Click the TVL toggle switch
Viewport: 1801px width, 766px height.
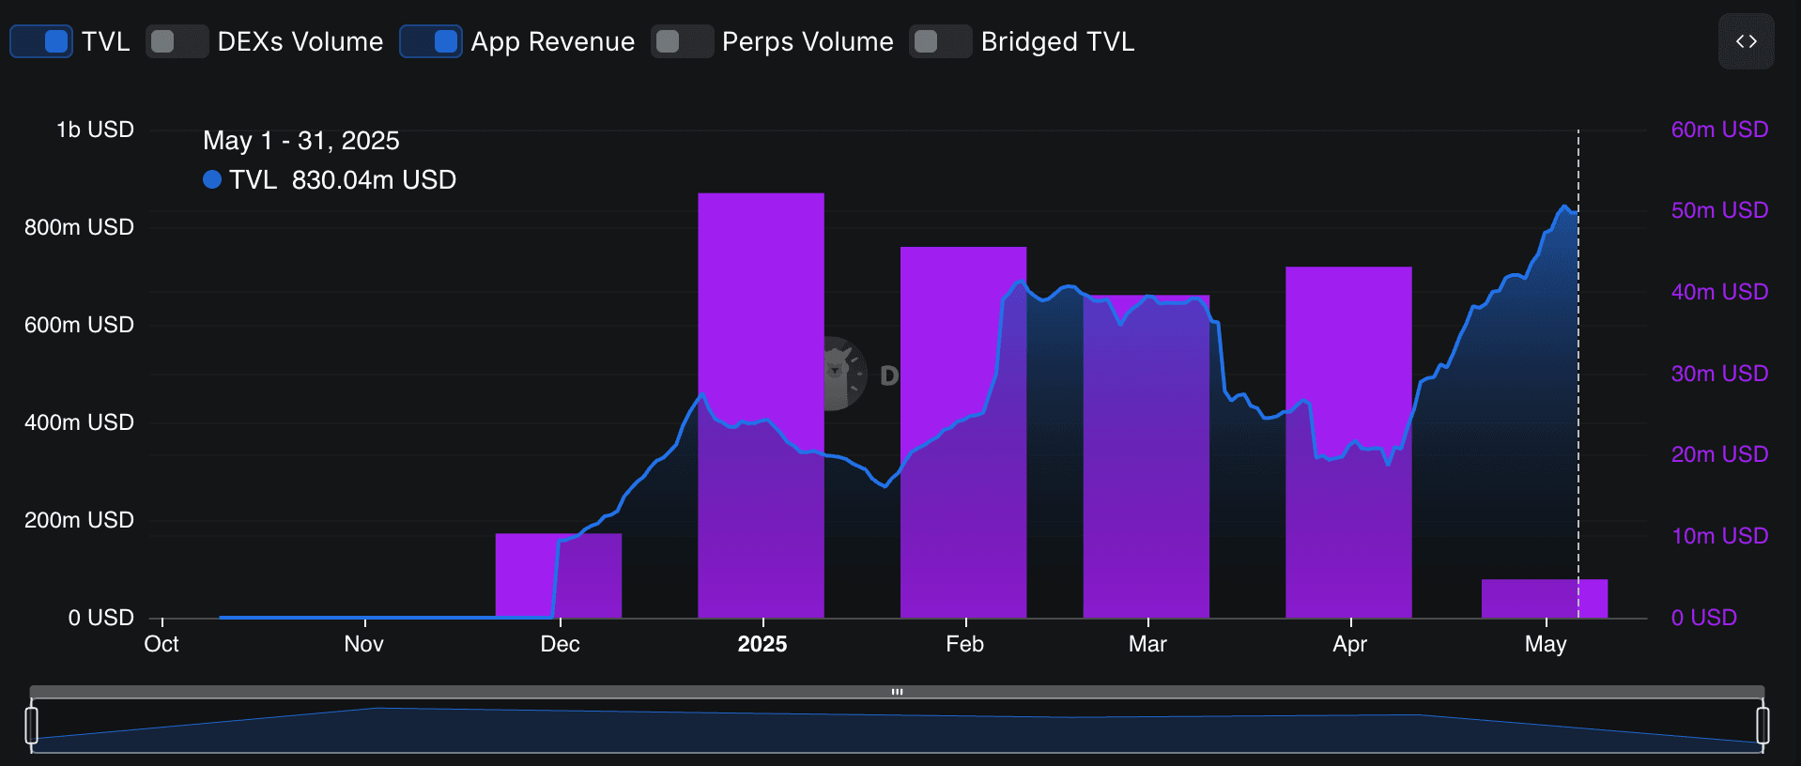coord(41,41)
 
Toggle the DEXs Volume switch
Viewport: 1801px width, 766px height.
coord(177,41)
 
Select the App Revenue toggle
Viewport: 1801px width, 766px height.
coord(431,41)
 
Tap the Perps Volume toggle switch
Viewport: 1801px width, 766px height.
coord(682,41)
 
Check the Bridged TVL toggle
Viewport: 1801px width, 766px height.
coord(940,41)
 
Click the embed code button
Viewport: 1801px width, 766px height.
coord(1746,41)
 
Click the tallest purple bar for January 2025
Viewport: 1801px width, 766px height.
coord(761,282)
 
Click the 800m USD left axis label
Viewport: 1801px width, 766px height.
coord(79,227)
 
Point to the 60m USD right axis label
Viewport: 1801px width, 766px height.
coord(1719,130)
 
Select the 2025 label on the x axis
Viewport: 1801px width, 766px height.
coord(762,644)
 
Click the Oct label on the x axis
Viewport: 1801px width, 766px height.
coord(162,644)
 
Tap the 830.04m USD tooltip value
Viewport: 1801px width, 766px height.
coord(374,180)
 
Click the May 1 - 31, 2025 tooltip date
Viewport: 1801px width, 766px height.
coord(301,141)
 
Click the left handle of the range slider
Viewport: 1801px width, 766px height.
coord(31,725)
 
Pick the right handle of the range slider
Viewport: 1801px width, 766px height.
coord(1763,725)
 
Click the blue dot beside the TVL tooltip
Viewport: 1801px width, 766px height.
coord(212,179)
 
